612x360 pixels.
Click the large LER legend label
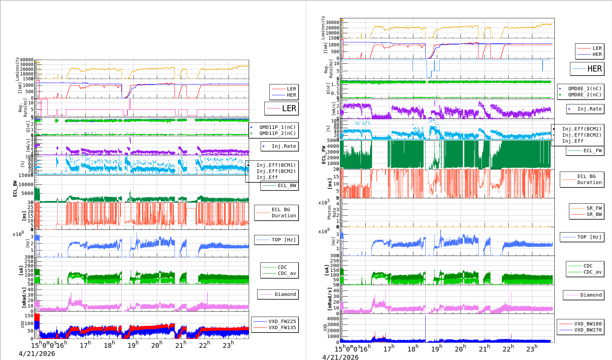click(x=289, y=108)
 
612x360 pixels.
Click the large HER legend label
click(x=594, y=69)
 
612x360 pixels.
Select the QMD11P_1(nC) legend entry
click(x=277, y=127)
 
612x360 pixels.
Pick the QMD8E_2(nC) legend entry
click(x=585, y=95)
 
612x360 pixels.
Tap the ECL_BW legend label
click(x=287, y=185)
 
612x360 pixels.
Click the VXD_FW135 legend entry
click(x=282, y=327)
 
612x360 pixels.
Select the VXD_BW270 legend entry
click(x=588, y=330)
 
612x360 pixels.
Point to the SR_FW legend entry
click(x=594, y=208)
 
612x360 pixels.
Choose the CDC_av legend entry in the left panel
click(x=287, y=273)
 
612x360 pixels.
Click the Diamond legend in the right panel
click(x=591, y=295)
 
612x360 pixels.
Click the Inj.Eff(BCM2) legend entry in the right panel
click(x=582, y=135)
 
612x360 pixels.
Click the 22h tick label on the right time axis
click(x=508, y=348)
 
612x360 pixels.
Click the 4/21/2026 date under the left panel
click(x=37, y=354)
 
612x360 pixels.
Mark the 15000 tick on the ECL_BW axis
click(x=26, y=175)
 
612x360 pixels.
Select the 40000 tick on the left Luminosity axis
click(x=27, y=60)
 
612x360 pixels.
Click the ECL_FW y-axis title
click(x=324, y=155)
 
